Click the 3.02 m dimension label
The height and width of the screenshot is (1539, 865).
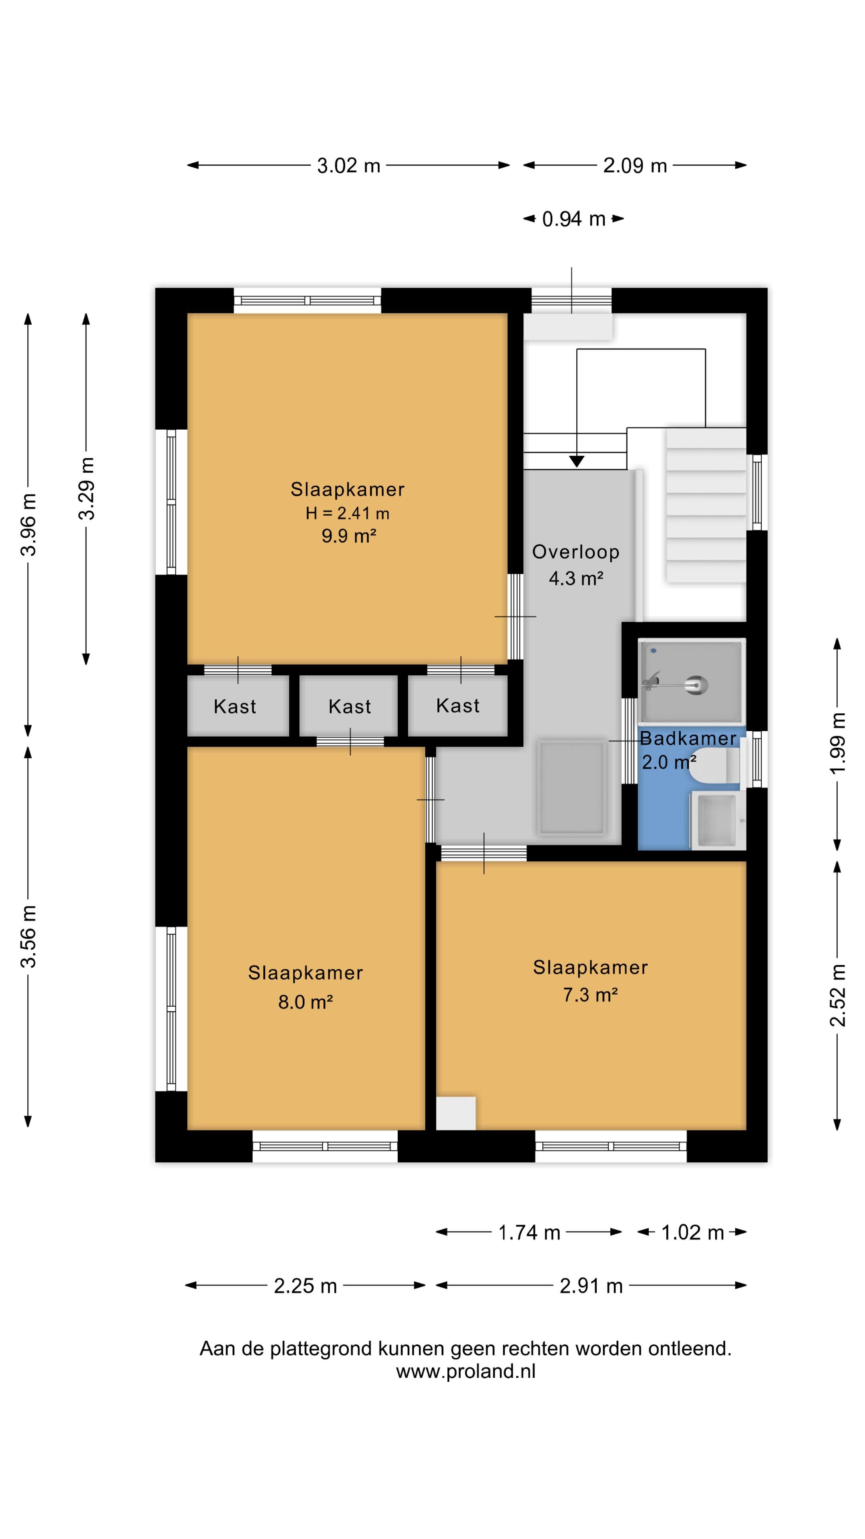(349, 166)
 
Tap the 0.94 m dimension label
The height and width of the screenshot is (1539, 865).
(574, 219)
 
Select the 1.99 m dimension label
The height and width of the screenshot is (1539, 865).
(838, 743)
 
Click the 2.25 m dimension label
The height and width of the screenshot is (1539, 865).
(306, 1286)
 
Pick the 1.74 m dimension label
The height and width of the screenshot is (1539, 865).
(529, 1232)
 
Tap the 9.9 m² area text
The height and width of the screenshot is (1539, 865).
(349, 536)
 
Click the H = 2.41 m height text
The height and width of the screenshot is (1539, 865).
(348, 513)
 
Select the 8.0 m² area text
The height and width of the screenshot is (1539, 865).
(305, 1002)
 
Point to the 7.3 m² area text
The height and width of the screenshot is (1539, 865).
(590, 995)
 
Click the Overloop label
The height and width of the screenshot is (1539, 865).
(575, 552)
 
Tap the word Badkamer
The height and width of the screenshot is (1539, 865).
(688, 738)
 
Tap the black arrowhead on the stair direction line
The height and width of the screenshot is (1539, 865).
(576, 461)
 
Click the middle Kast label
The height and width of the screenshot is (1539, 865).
(349, 707)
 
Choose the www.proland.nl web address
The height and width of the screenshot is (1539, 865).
(466, 1371)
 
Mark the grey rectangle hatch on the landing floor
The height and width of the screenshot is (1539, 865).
(571, 787)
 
